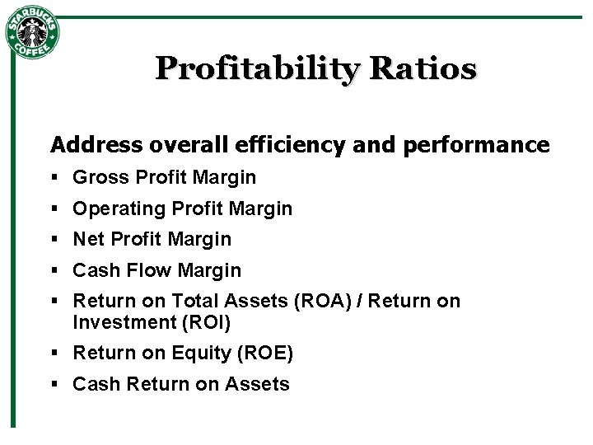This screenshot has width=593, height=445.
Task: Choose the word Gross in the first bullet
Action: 101,177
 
